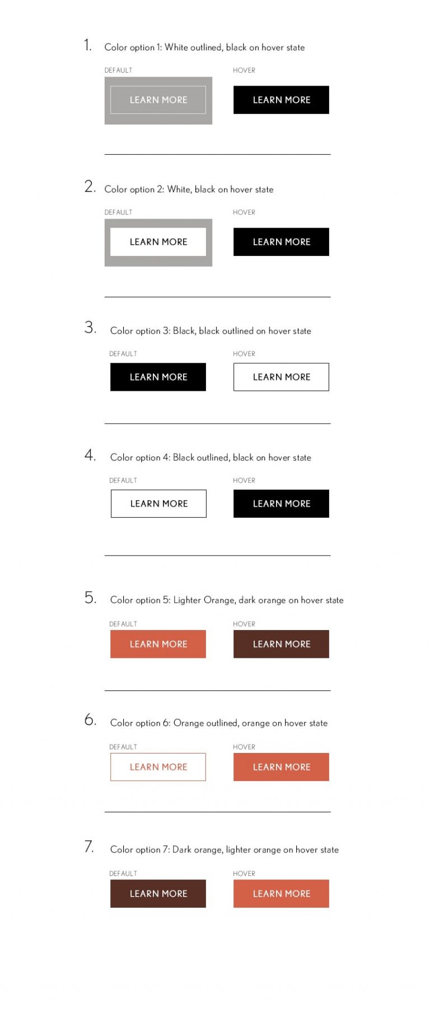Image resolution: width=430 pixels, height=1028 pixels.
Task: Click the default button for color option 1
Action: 158,100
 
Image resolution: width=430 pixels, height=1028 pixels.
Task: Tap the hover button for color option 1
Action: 281,100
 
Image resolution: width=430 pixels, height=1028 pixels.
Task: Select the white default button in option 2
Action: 158,242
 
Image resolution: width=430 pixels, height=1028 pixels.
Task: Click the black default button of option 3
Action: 158,377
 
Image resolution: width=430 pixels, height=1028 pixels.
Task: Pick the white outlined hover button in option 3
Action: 281,377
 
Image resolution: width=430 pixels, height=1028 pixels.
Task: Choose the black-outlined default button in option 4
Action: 158,504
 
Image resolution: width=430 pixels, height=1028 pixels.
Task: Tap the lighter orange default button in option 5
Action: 158,644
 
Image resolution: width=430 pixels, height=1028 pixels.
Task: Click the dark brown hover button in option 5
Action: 281,644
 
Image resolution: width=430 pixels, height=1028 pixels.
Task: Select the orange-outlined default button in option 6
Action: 158,767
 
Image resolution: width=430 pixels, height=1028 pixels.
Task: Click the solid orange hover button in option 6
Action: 281,767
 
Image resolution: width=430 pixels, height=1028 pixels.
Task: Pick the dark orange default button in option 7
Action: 158,894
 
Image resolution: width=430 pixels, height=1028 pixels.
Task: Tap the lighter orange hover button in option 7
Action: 281,894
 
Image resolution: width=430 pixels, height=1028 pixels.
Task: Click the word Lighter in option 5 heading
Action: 187,600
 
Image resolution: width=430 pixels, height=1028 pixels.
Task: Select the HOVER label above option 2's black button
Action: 244,212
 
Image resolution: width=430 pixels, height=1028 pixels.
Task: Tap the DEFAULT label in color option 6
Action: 123,747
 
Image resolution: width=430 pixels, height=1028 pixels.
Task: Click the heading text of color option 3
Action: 211,331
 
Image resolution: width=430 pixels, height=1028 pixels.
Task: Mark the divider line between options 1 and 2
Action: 217,154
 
